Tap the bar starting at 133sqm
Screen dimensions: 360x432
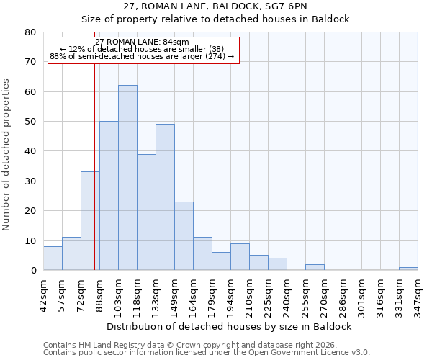[165, 197]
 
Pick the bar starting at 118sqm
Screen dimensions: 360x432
[146, 212]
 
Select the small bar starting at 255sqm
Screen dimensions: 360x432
[315, 267]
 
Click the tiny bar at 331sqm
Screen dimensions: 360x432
[408, 269]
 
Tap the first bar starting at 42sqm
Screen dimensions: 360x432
[53, 258]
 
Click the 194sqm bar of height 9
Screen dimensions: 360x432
[240, 257]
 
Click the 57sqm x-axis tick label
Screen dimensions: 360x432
[62, 294]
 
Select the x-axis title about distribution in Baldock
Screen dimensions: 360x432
[229, 327]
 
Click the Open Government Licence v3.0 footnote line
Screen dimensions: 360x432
[207, 353]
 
